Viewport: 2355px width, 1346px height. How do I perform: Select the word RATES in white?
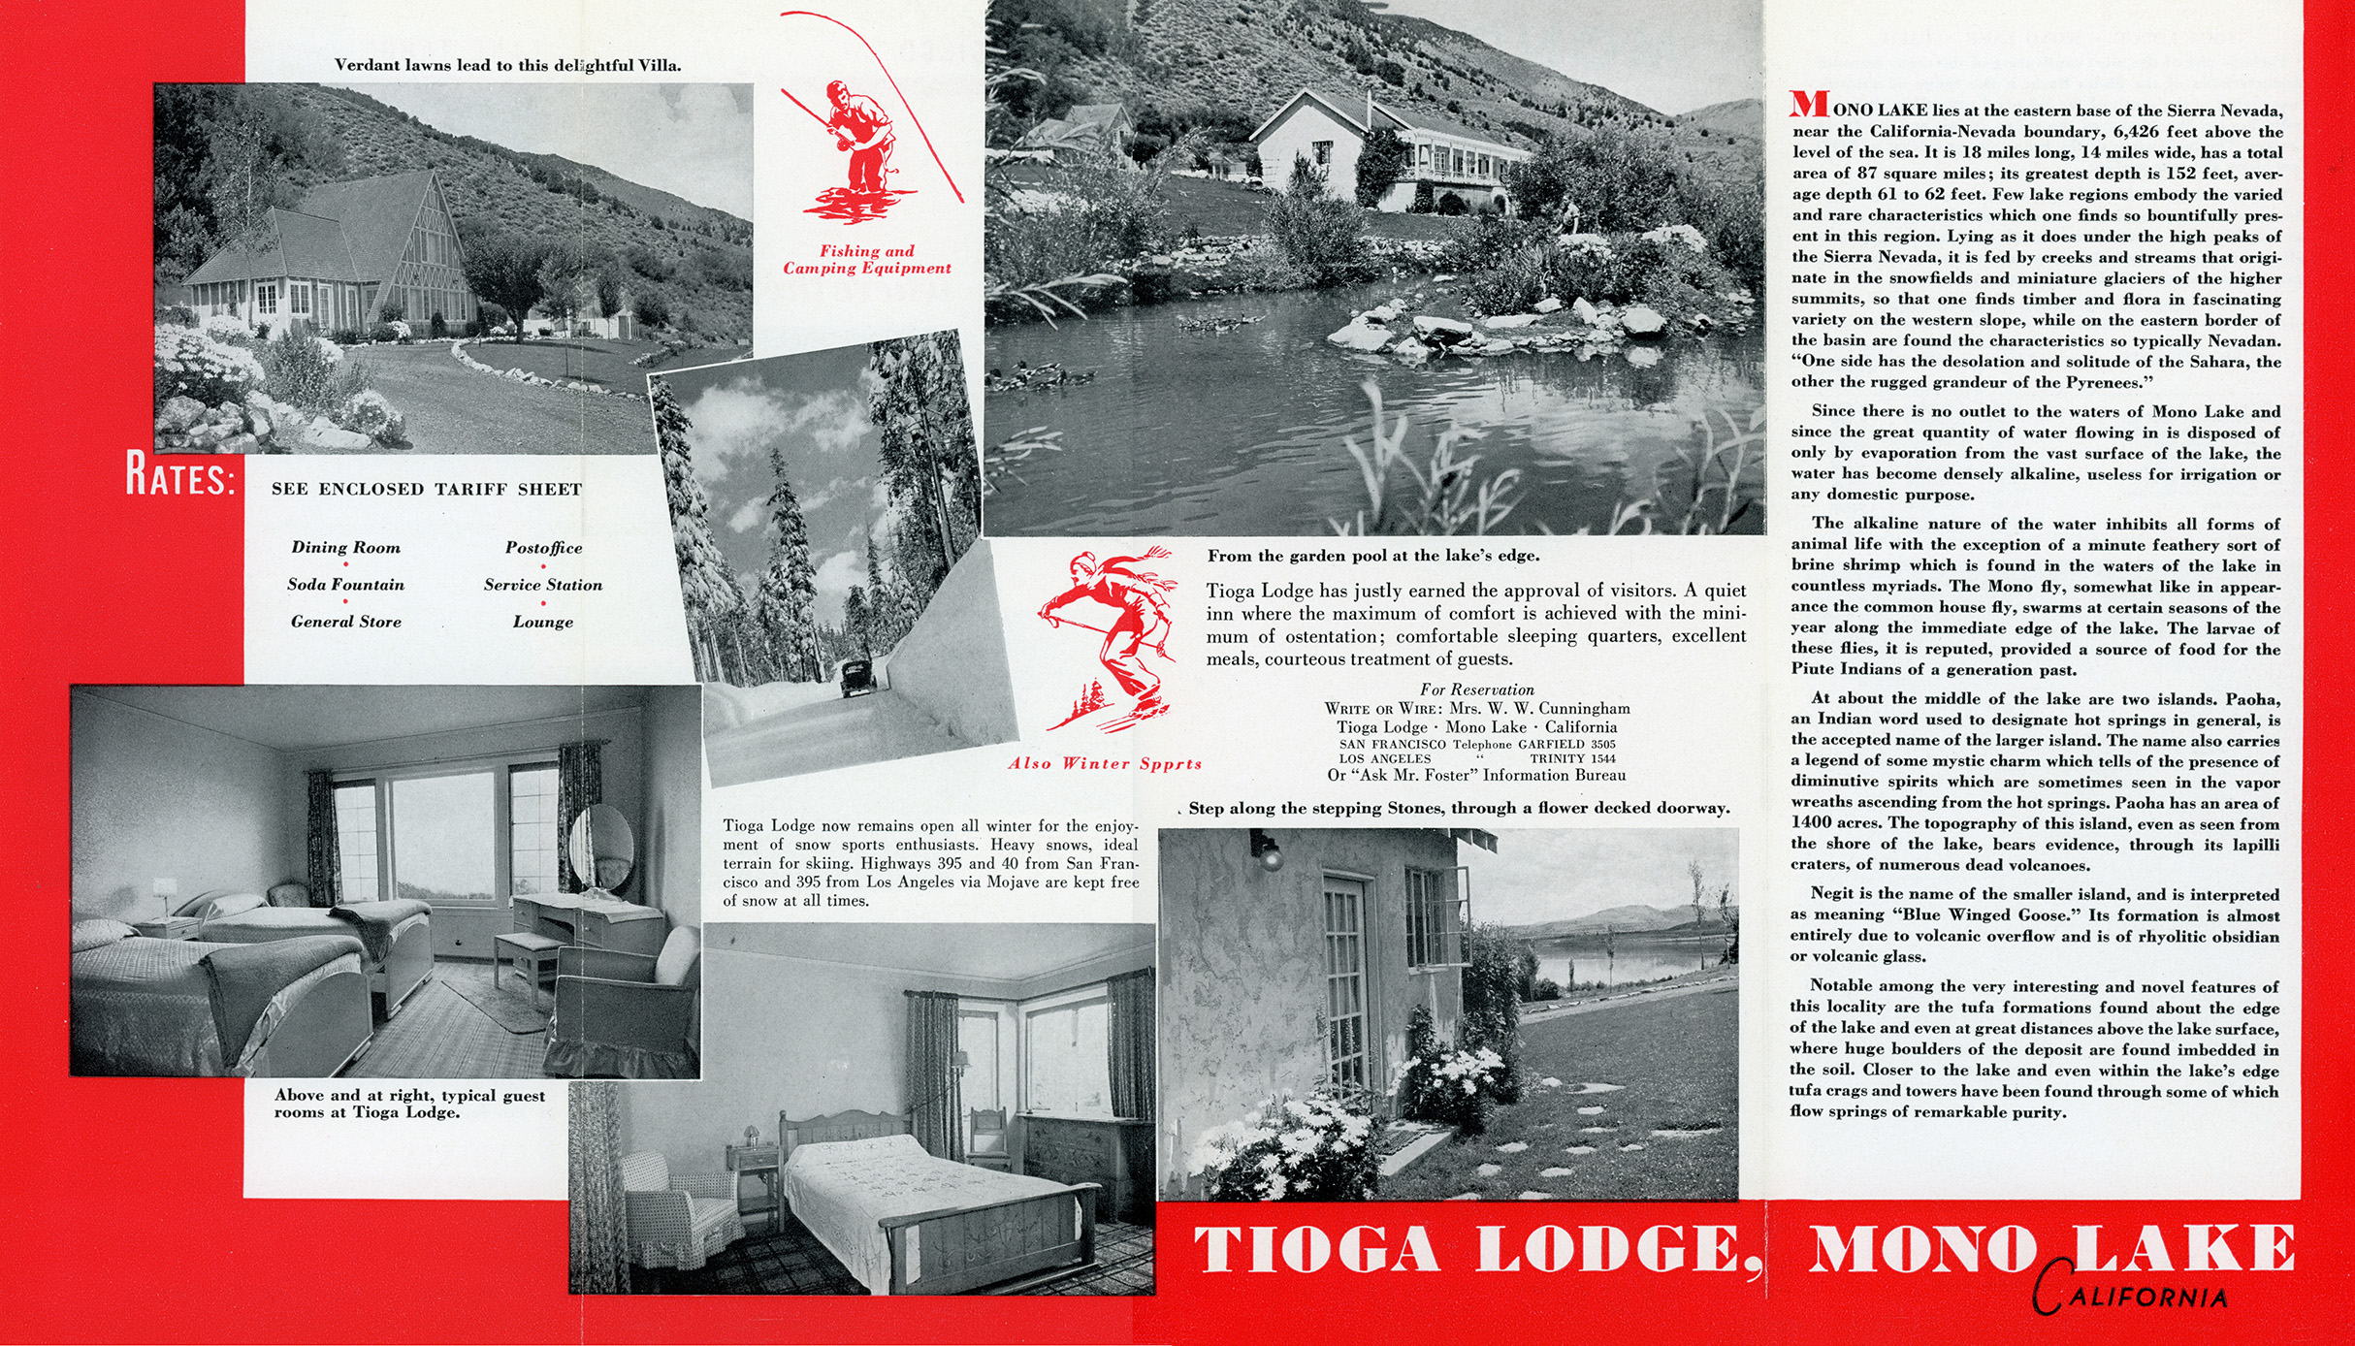pyautogui.click(x=180, y=480)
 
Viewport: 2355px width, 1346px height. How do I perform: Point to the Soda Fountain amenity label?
pyautogui.click(x=345, y=585)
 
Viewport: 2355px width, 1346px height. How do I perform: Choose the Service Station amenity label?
pyautogui.click(x=543, y=585)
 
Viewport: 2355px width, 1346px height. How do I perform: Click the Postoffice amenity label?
pyautogui.click(x=543, y=548)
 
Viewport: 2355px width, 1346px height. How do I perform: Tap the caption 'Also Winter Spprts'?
pyautogui.click(x=1105, y=764)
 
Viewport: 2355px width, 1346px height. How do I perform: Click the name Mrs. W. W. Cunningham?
pyautogui.click(x=1539, y=709)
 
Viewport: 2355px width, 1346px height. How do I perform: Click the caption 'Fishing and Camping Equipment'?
pyautogui.click(x=867, y=260)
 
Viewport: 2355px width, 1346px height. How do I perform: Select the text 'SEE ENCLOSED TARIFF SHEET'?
pyautogui.click(x=427, y=490)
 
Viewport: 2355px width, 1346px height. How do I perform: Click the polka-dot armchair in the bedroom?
pyautogui.click(x=674, y=1198)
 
